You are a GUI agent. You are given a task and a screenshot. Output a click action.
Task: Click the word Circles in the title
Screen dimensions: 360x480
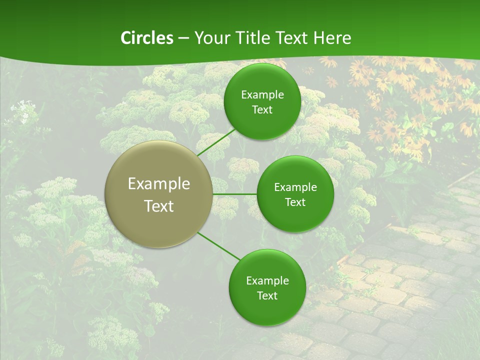click(x=146, y=38)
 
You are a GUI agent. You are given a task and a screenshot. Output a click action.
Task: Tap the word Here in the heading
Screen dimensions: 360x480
click(x=332, y=38)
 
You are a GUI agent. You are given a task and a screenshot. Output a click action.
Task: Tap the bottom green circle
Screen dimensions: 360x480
click(x=267, y=310)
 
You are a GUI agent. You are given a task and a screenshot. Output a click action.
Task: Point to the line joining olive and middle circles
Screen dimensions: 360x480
click(x=234, y=193)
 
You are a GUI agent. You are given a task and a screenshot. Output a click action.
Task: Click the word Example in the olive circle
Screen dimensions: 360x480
click(x=159, y=184)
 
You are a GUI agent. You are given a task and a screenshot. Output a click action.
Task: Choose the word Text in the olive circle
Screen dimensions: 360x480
click(x=159, y=206)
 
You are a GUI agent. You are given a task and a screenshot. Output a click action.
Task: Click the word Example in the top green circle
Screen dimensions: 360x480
click(x=262, y=95)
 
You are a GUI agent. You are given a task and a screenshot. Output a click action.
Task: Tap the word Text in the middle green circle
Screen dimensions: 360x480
click(x=295, y=202)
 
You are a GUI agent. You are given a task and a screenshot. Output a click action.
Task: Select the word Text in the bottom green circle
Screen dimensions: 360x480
click(x=267, y=296)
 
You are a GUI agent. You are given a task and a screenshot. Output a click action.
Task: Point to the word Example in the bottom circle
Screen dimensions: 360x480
click(x=267, y=281)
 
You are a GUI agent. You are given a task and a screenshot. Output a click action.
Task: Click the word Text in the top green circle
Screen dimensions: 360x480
click(x=262, y=110)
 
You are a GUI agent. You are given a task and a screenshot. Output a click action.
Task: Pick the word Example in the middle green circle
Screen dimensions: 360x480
click(x=295, y=187)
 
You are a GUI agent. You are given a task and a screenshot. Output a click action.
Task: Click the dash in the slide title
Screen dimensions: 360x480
click(x=183, y=38)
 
